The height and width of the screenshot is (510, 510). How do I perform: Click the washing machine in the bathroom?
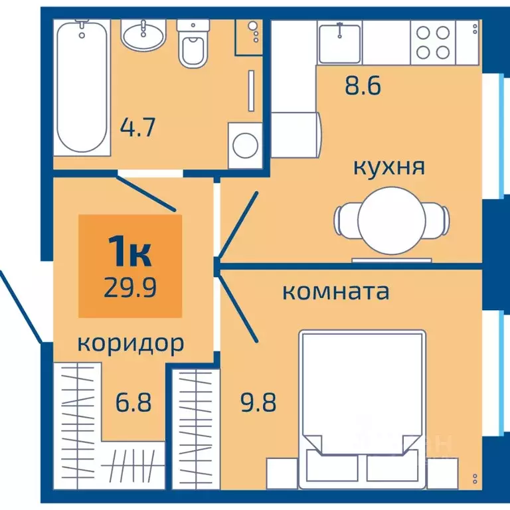(246, 141)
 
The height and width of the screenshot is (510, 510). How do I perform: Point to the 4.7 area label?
(137, 126)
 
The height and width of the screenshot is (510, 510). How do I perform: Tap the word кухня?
(389, 166)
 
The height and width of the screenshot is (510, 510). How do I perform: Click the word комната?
(336, 292)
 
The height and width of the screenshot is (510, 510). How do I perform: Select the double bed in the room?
(362, 398)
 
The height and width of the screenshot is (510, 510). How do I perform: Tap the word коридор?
(130, 343)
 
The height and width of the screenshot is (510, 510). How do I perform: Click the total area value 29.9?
(129, 287)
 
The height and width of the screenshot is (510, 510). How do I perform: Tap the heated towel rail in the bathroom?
(251, 90)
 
